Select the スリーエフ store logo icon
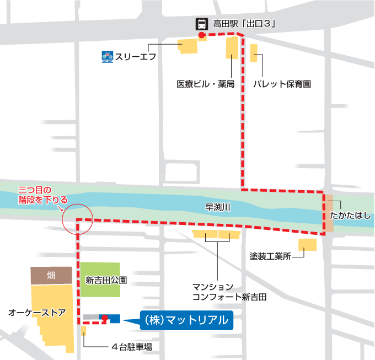pos(107,56)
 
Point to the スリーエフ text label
pos(136,56)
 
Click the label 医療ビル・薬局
pos(205,84)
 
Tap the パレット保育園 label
pos(282,84)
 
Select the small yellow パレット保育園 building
pos(254,53)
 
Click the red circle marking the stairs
pos(77,218)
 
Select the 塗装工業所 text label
pos(270,256)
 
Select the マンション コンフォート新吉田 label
pos(229,292)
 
